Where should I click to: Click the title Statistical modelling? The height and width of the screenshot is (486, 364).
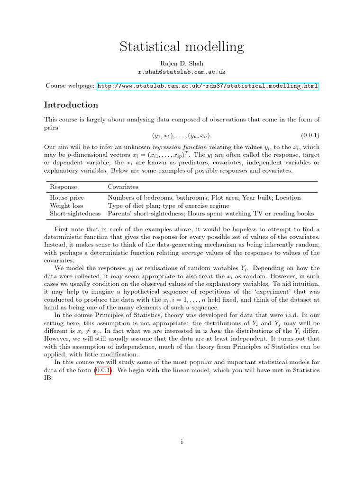point(182,47)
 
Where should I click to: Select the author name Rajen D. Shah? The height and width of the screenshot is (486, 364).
point(182,63)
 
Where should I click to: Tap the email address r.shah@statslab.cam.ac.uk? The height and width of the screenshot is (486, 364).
point(182,72)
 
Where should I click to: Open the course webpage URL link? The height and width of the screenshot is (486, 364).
point(208,86)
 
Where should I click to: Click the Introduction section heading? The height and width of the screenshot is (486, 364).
point(71,105)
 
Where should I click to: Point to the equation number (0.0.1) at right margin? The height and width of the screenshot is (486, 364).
point(310,135)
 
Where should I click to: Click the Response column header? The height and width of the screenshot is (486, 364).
point(63,187)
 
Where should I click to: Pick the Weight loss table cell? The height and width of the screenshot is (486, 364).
point(66,206)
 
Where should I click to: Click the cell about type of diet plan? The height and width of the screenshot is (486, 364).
point(168,206)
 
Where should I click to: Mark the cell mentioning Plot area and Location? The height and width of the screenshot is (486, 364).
point(204,197)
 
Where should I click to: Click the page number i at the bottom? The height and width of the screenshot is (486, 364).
point(182,442)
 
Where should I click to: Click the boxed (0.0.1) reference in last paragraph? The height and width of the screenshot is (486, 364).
point(103,370)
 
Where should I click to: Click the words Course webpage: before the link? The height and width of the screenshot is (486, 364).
point(69,86)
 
